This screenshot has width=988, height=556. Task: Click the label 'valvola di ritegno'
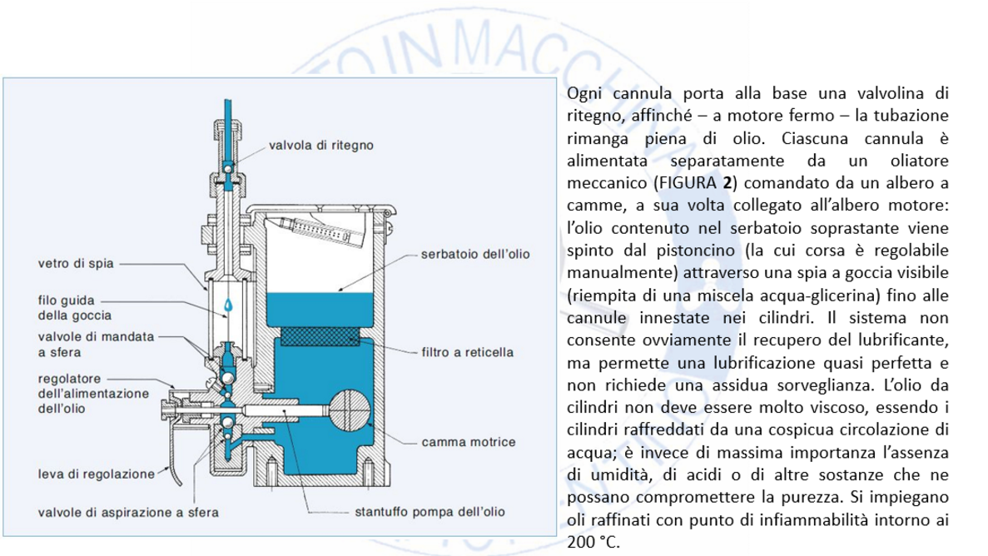coord(320,145)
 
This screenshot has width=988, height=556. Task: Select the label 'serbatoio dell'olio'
coord(474,252)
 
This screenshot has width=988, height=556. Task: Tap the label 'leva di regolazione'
coord(96,475)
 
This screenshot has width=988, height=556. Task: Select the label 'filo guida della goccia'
coord(75,308)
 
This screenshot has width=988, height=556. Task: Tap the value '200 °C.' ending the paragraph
coord(593,541)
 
